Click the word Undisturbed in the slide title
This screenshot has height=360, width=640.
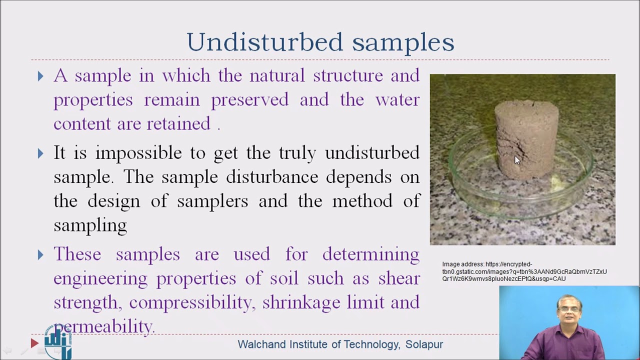click(264, 42)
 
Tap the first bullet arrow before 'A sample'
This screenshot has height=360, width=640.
click(40, 76)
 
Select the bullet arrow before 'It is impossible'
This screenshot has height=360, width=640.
click(40, 153)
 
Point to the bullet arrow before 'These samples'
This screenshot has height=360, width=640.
click(40, 255)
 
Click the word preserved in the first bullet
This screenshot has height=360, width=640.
click(249, 100)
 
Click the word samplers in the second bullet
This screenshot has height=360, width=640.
click(212, 201)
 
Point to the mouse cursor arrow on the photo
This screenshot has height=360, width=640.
click(516, 159)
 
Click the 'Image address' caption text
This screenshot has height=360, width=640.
click(524, 271)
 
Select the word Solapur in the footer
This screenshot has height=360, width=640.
click(424, 344)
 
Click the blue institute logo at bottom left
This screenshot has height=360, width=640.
click(58, 342)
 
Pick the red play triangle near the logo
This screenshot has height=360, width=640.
click(34, 343)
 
